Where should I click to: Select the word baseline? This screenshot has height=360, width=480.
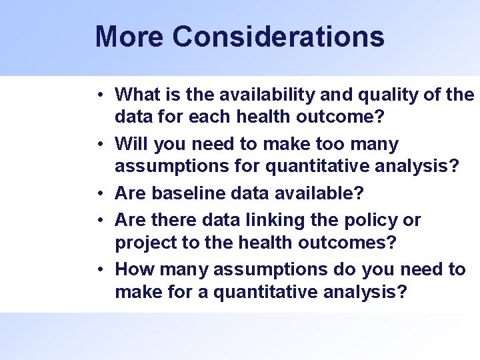click(185, 193)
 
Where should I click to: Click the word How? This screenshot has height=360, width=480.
click(133, 269)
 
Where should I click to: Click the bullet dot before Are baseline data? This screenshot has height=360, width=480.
click(99, 194)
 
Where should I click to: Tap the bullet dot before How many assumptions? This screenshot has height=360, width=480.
click(99, 270)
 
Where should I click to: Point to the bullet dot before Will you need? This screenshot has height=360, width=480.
click(99, 144)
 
